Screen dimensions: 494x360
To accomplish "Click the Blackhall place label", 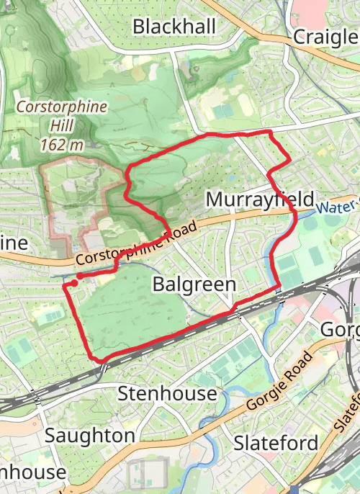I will [x=174, y=27].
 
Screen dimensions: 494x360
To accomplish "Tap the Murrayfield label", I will [x=260, y=199].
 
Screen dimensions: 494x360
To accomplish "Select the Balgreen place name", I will [x=194, y=284].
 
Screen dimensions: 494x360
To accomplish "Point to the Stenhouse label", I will [x=167, y=393].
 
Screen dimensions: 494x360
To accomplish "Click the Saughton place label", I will [x=89, y=436].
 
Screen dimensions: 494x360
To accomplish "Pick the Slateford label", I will [x=276, y=443].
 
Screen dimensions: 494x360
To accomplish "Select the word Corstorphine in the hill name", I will [x=62, y=107].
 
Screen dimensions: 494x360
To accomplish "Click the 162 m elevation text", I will [x=62, y=145].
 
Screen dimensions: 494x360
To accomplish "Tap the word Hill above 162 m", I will [x=62, y=126].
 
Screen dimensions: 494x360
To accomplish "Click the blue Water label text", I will [x=334, y=207].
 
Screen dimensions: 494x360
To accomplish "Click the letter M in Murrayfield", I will [x=215, y=199].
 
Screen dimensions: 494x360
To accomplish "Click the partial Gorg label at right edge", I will [x=338, y=330].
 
